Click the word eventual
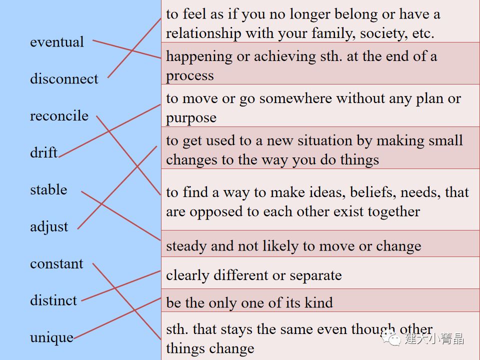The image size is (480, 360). pyautogui.click(x=57, y=42)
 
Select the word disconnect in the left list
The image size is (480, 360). pyautogui.click(x=64, y=79)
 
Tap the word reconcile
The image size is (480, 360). pyautogui.click(x=59, y=116)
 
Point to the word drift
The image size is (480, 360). pyautogui.click(x=43, y=152)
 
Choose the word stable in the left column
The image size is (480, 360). pyautogui.click(x=48, y=189)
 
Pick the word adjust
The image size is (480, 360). pyautogui.click(x=49, y=226)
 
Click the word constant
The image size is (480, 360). pyautogui.click(x=56, y=263)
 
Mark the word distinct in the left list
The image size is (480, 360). pyautogui.click(x=53, y=300)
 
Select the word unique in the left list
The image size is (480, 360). pyautogui.click(x=51, y=337)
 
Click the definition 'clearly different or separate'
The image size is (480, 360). pyautogui.click(x=254, y=275)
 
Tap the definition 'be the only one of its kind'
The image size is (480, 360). pyautogui.click(x=249, y=302)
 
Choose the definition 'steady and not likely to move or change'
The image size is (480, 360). pyautogui.click(x=293, y=246)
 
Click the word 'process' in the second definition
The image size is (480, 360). pyautogui.click(x=190, y=76)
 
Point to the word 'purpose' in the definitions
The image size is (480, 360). pyautogui.click(x=191, y=118)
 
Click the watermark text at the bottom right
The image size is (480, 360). pyautogui.click(x=434, y=338)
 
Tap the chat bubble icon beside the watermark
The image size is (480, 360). pyautogui.click(x=391, y=338)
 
